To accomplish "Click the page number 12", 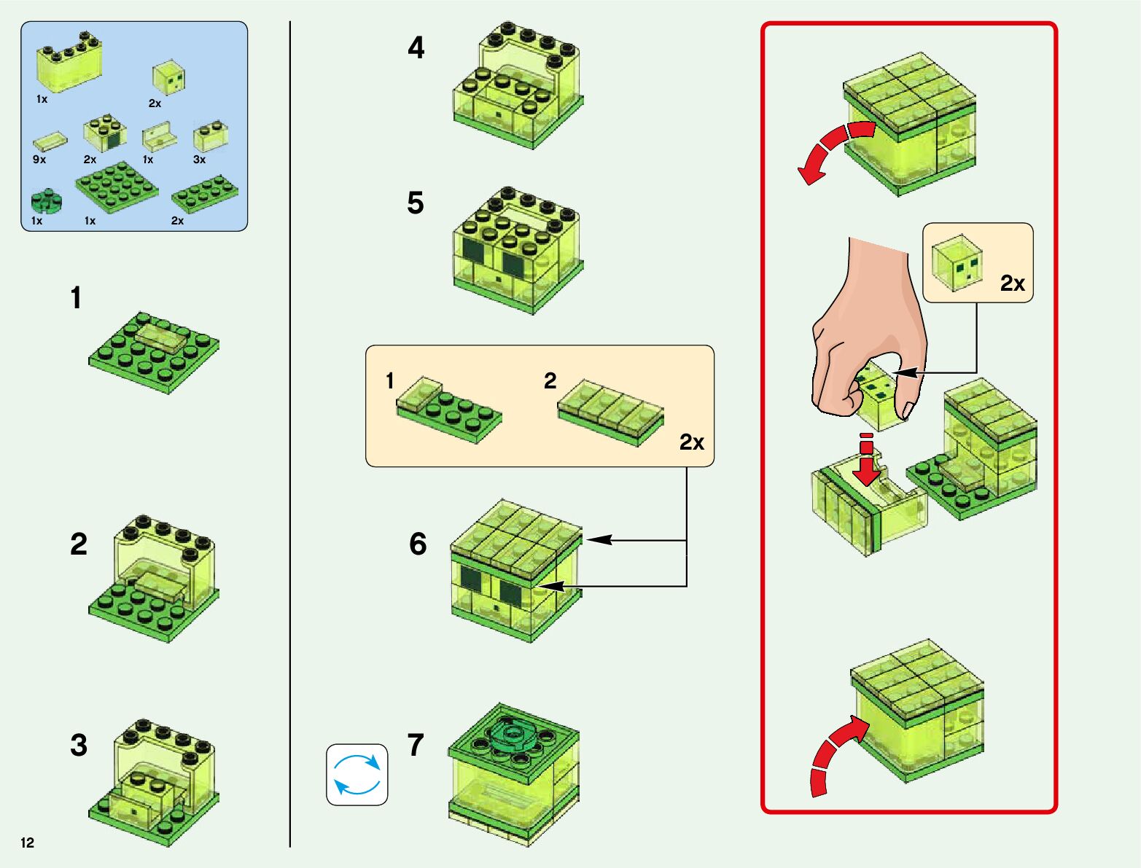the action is (x=28, y=843).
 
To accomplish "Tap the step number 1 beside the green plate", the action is (x=76, y=298).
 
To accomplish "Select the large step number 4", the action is (x=416, y=48).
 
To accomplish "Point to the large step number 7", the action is (x=416, y=745).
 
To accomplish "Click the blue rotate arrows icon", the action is (x=357, y=774).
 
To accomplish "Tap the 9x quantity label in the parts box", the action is (x=39, y=160).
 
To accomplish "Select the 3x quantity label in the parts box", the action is (x=199, y=160).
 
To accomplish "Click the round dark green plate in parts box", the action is (x=47, y=200).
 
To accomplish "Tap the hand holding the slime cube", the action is (x=868, y=328).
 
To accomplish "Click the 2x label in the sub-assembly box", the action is (x=691, y=442).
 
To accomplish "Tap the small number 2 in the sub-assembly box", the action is (x=550, y=380).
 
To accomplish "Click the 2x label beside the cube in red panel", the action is (x=1012, y=284).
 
